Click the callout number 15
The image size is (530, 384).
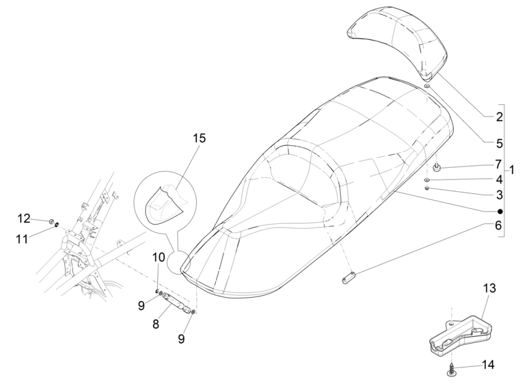click(x=199, y=138)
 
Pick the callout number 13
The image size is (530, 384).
click(x=489, y=289)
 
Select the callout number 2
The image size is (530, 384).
click(x=499, y=117)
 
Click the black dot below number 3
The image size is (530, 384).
click(x=500, y=211)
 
